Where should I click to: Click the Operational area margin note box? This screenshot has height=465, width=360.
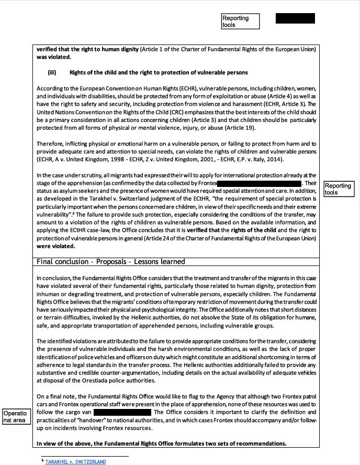click(x=15, y=417)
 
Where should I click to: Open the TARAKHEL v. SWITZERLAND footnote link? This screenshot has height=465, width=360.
click(x=75, y=461)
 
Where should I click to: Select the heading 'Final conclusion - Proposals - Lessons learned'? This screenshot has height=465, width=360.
click(x=111, y=261)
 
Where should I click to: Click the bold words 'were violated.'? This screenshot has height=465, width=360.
click(x=55, y=246)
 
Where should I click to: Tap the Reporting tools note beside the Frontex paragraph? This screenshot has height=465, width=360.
click(x=339, y=189)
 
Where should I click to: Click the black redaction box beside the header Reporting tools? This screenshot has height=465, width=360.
click(x=295, y=18)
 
